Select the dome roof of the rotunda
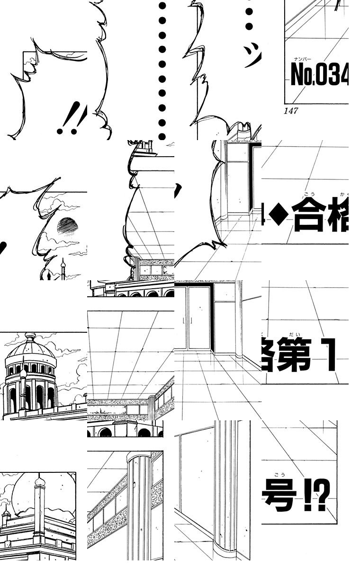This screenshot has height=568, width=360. click(30, 350)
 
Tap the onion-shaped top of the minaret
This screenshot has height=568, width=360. click(40, 481)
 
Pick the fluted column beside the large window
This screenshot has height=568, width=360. click(225, 488)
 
